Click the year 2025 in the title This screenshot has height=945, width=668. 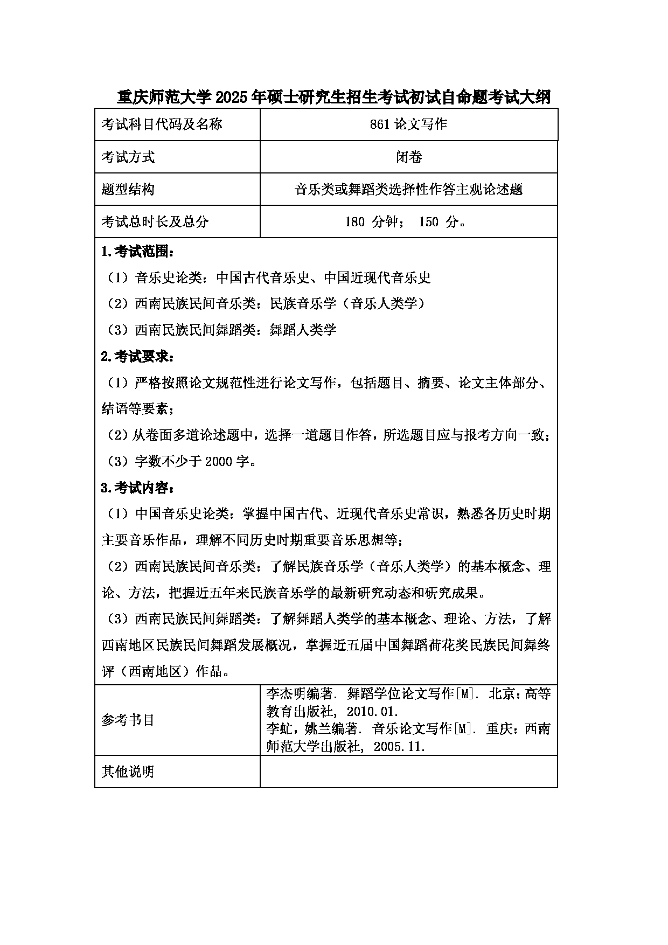pyautogui.click(x=231, y=98)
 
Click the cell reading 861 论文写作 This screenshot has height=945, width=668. pyautogui.click(x=408, y=124)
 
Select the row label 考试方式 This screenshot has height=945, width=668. pyautogui.click(x=128, y=157)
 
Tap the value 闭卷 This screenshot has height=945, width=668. pyautogui.click(x=408, y=157)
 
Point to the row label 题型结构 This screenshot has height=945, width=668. pyautogui.click(x=128, y=190)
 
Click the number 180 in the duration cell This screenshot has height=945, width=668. pyautogui.click(x=354, y=222)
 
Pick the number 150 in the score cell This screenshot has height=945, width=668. pyautogui.click(x=428, y=222)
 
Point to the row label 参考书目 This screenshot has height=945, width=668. pyautogui.click(x=128, y=720)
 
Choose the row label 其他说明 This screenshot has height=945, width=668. pyautogui.click(x=128, y=772)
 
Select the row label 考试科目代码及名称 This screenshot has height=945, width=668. pyautogui.click(x=162, y=124)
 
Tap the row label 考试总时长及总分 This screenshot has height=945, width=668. pyautogui.click(x=155, y=222)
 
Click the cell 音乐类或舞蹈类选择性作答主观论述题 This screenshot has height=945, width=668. pyautogui.click(x=408, y=190)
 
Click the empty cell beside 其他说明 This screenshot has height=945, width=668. pyautogui.click(x=408, y=772)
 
